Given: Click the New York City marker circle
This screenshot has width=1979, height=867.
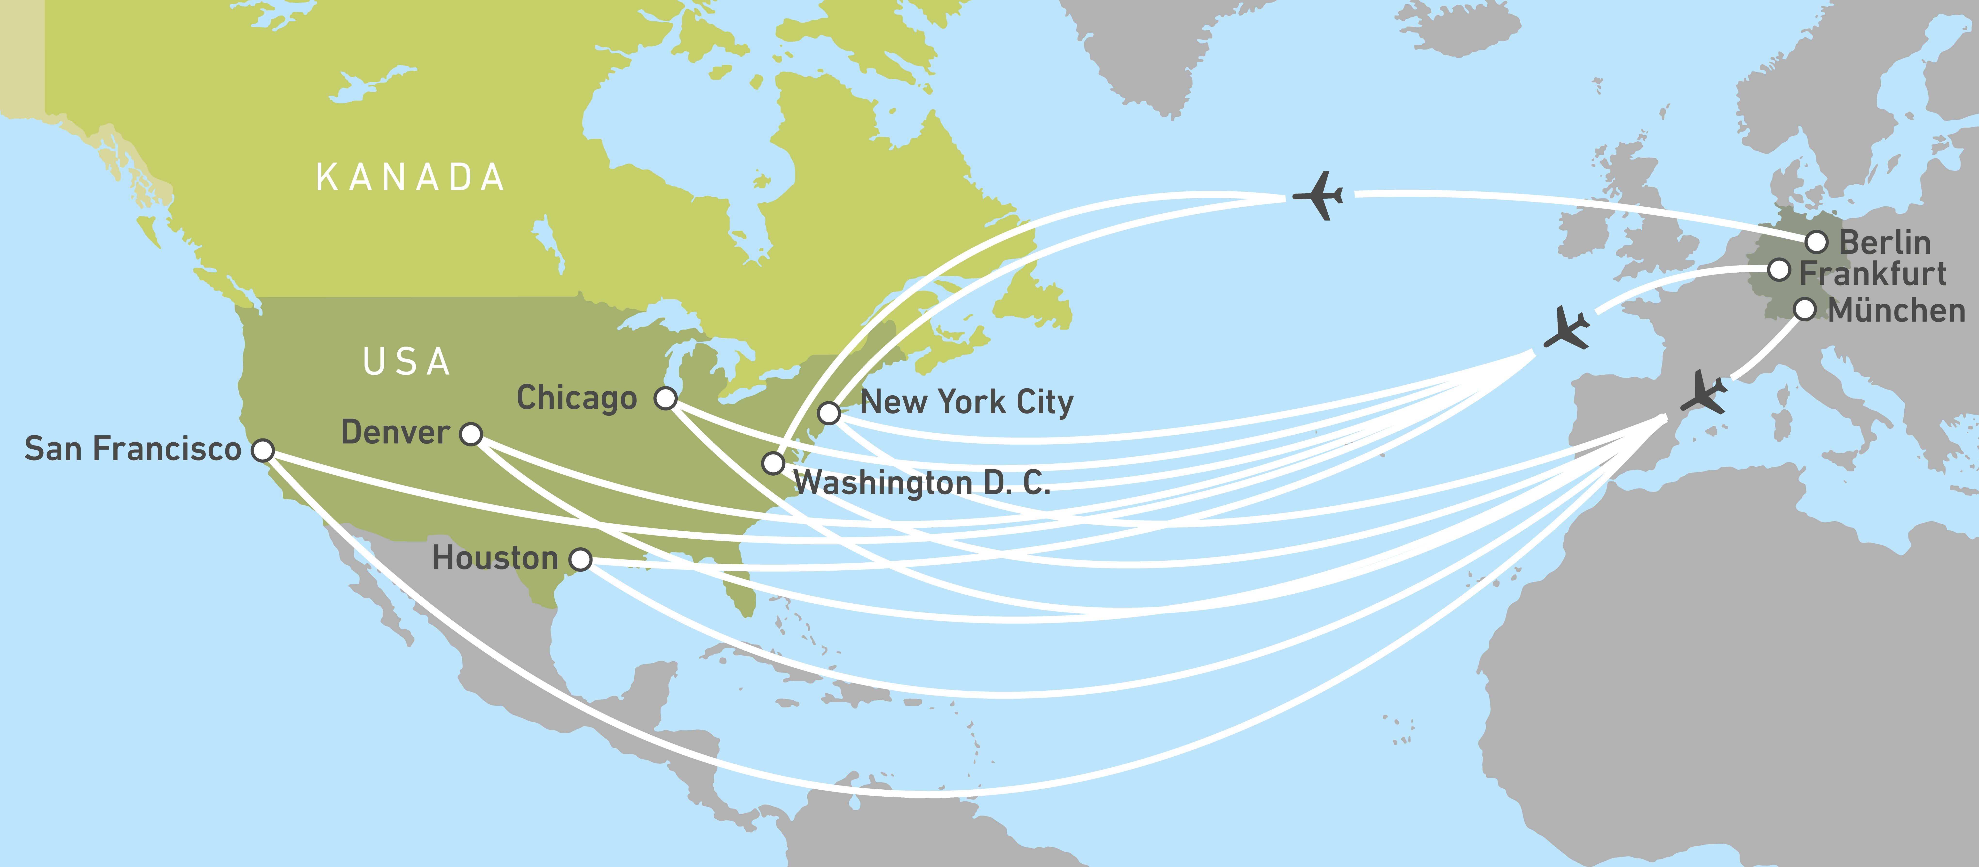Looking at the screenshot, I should point(828,413).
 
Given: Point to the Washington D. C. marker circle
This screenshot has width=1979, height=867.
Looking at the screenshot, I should point(773,463).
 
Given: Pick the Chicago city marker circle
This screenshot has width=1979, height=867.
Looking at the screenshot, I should point(665,398).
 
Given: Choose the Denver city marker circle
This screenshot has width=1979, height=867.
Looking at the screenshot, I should point(471,434).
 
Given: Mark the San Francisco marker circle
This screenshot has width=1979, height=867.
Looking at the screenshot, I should point(263,450).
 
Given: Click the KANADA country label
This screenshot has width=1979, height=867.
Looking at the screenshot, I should point(410,178).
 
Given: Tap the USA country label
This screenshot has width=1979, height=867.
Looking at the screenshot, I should point(406,362).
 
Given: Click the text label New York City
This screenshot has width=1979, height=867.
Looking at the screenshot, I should point(966,402).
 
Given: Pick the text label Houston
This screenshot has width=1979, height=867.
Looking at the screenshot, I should point(495,558).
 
